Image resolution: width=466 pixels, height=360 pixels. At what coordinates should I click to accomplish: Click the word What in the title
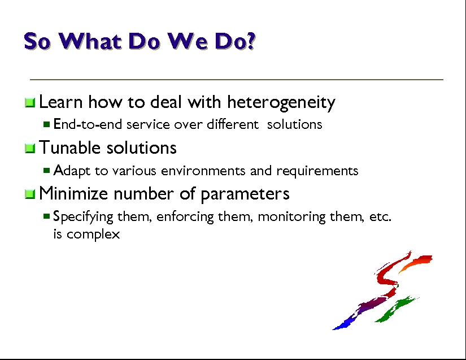click(90, 41)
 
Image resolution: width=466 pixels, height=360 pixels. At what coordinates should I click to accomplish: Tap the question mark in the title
click(251, 41)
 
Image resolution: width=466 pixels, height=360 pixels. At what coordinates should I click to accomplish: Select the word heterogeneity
click(281, 102)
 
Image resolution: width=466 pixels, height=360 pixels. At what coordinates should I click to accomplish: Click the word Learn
click(60, 102)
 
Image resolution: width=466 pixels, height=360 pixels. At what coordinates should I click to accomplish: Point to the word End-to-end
click(88, 124)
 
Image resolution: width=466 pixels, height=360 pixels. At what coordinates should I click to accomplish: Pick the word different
click(233, 124)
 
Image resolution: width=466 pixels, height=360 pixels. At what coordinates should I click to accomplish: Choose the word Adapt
click(72, 171)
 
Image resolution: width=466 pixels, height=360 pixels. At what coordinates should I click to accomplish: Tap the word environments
click(203, 171)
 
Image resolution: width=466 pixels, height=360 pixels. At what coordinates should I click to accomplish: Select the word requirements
click(317, 171)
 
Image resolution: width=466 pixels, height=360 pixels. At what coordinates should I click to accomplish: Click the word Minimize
click(73, 193)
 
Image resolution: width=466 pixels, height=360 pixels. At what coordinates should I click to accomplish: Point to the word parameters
click(245, 194)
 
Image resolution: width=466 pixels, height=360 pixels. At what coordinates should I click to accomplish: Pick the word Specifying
click(83, 216)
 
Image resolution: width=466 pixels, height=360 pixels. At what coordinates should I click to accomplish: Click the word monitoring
click(291, 216)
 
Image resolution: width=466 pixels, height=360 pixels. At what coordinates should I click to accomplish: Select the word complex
click(93, 235)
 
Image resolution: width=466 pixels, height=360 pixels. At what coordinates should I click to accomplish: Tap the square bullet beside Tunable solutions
click(30, 148)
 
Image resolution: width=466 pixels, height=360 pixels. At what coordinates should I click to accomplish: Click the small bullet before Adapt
click(46, 170)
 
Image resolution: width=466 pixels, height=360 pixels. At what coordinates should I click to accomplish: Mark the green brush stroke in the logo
click(396, 309)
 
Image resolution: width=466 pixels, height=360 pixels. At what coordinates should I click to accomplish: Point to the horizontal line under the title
click(237, 80)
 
